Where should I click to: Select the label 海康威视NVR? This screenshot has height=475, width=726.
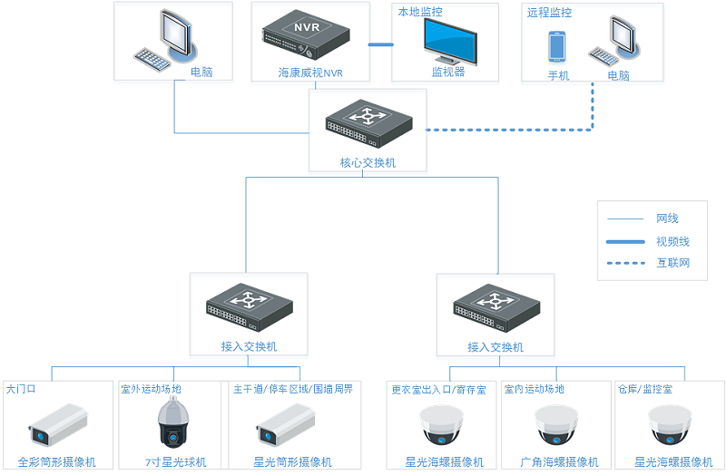tap(310, 72)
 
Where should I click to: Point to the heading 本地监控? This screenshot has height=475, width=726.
tap(419, 12)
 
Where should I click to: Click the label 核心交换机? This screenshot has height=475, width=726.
tap(368, 163)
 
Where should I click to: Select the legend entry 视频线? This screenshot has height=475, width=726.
tap(672, 241)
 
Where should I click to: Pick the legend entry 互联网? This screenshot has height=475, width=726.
tap(672, 263)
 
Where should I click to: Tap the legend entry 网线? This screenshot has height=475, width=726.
tap(667, 218)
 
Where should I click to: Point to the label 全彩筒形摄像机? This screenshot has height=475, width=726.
tap(57, 461)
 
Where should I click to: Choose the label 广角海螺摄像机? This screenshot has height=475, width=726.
tap(556, 461)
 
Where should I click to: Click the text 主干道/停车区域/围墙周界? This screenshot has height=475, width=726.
tap(292, 389)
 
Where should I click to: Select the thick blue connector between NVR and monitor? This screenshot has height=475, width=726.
tap(380, 44)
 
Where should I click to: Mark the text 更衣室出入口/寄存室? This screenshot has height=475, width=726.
tap(438, 389)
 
